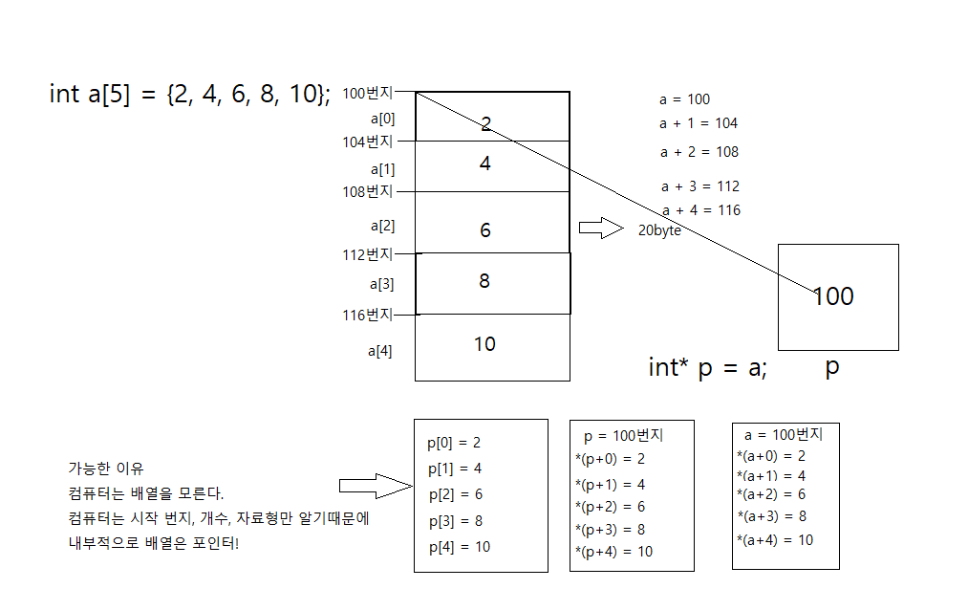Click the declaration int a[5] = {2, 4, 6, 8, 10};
click(x=190, y=94)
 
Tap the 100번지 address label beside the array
click(x=367, y=93)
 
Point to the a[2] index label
click(x=382, y=227)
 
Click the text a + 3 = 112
click(x=699, y=186)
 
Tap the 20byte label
click(x=659, y=230)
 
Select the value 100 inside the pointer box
click(x=832, y=296)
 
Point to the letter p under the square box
click(x=832, y=367)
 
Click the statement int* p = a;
click(x=707, y=368)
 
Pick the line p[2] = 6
click(x=455, y=494)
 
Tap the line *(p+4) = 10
click(x=613, y=552)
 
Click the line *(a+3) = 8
click(x=771, y=516)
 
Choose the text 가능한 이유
click(x=105, y=469)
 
